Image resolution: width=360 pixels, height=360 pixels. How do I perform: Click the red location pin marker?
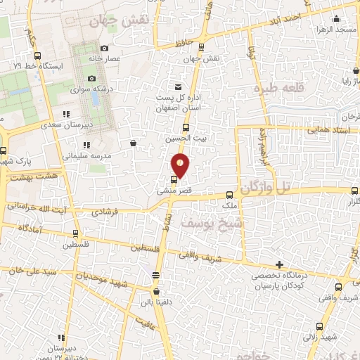point(181,164)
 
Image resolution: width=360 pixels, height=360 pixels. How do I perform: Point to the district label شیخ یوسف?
point(188,221)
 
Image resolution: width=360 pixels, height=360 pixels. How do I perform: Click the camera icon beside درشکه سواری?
point(92,78)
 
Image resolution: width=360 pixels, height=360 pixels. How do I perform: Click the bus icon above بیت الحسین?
point(186,128)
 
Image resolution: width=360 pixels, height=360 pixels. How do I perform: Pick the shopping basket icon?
point(133,143)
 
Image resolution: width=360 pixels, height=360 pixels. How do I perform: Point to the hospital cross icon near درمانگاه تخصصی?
point(280,264)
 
